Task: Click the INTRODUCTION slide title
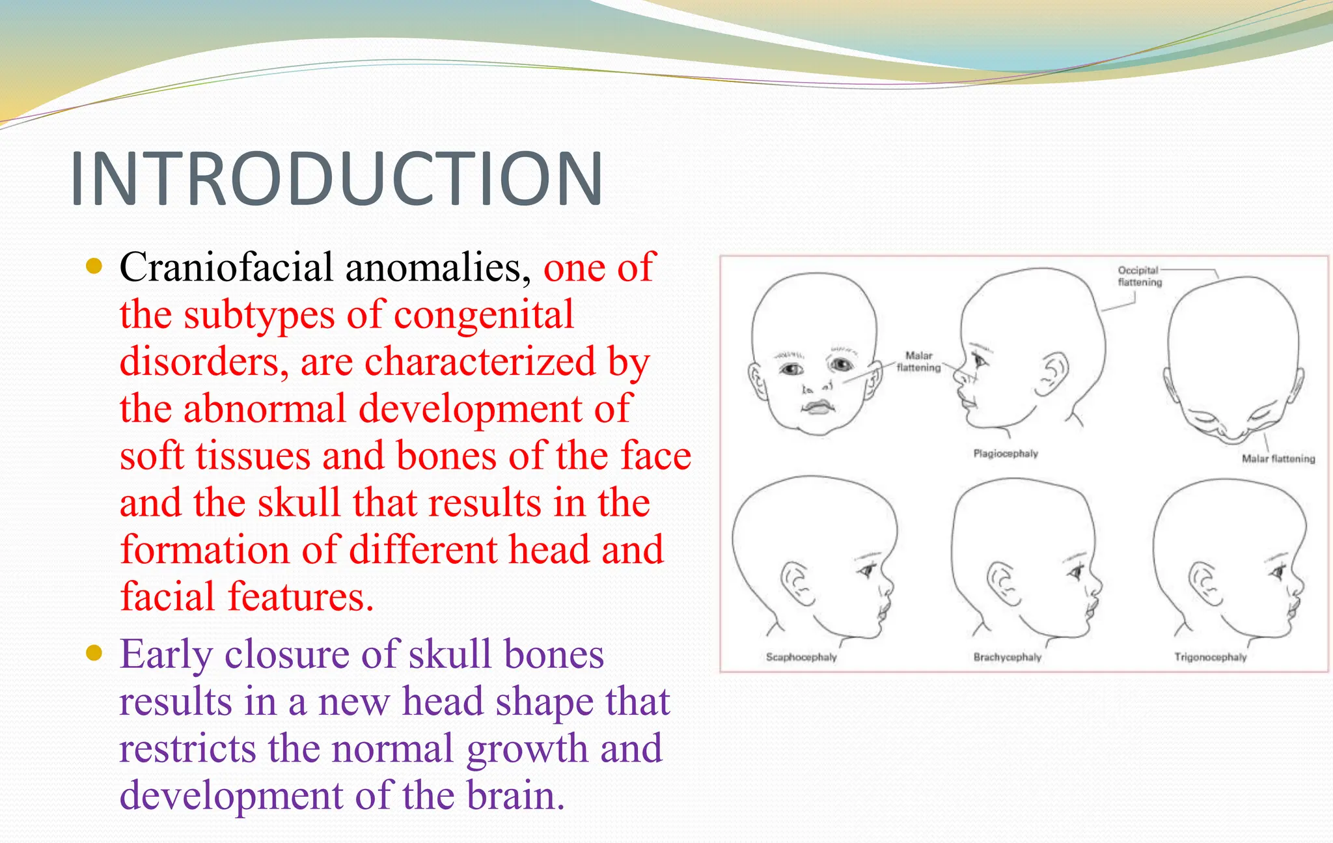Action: click(336, 179)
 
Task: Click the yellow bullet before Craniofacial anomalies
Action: click(94, 266)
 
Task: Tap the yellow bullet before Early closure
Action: click(94, 652)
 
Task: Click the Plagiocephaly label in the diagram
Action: click(1005, 454)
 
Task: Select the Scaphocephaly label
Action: click(801, 657)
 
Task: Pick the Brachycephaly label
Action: click(1007, 657)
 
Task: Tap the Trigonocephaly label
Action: click(1210, 657)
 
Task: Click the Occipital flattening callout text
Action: click(1139, 276)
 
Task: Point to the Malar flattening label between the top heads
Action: click(918, 362)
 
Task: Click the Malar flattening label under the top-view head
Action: click(1278, 459)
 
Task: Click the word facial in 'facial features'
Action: click(167, 597)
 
